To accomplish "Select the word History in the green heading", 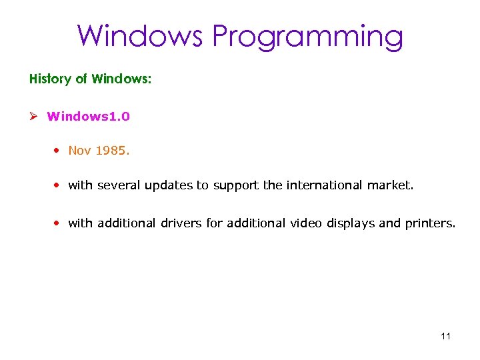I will click(50, 79).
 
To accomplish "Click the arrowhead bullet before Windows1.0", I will click(33, 117).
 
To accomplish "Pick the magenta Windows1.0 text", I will click(89, 117).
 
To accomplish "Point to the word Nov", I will click(79, 151).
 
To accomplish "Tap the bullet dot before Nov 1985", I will click(59, 151).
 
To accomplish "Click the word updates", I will click(170, 185).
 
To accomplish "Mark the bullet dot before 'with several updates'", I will click(59, 185).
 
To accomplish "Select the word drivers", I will click(181, 223).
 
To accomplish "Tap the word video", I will click(306, 223).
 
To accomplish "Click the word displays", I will click(351, 224).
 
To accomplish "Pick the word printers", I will click(430, 223).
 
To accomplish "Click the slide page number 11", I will click(446, 336).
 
